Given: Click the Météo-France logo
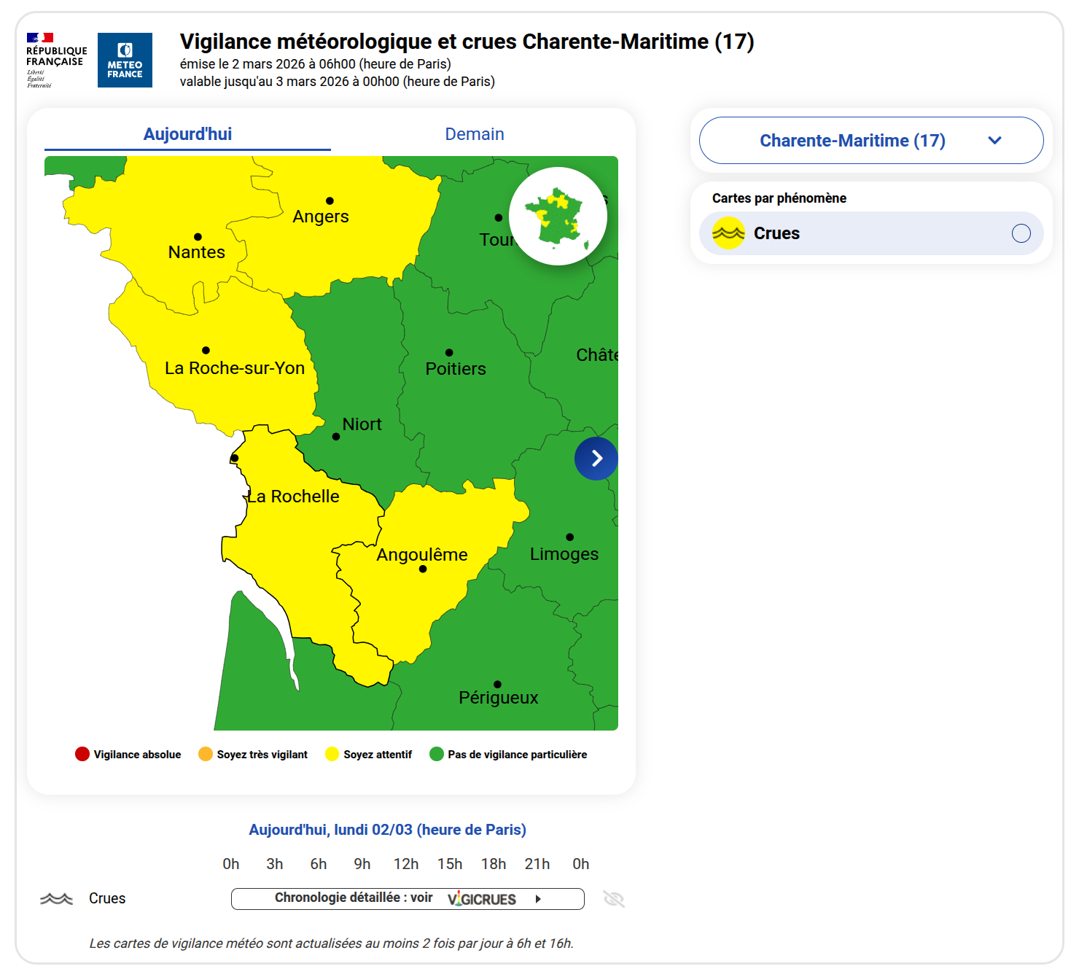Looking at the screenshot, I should coord(125,60).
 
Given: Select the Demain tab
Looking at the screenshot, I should coord(475,134).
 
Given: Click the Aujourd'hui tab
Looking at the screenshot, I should coord(187,134).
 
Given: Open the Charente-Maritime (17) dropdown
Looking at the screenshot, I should coord(870,141).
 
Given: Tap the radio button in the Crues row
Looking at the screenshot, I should coord(1021,233).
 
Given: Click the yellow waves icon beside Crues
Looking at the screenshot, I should coord(728,233).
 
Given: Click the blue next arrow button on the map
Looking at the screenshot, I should coord(596,459).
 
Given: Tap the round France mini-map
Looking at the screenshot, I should coord(558,217).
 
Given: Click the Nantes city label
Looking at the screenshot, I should coord(197,252).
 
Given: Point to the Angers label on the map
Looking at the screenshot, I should coord(321,217).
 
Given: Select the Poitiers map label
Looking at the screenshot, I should coord(456,369).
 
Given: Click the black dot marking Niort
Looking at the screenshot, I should coord(336,437).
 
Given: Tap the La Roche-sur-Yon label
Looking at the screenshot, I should coord(235,368).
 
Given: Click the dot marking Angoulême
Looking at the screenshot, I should coord(423,569).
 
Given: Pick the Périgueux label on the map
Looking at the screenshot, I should coord(499,698).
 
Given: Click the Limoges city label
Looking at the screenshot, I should coord(564,554).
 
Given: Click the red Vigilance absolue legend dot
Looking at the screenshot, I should coord(82,754).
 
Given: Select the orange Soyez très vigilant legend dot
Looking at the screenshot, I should coord(206,754).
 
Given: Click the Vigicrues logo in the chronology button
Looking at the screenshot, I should coord(482,899).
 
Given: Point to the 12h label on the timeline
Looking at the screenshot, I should coord(406,864).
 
